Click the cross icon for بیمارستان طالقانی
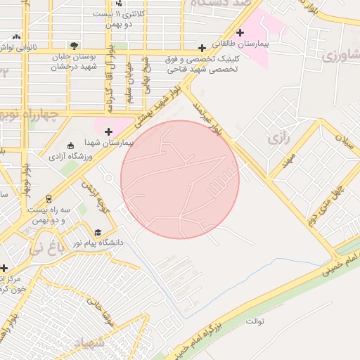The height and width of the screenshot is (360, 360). pyautogui.click(x=240, y=32)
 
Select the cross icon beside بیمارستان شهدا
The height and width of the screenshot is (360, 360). pyautogui.click(x=108, y=131)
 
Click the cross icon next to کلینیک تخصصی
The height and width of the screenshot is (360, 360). pyautogui.click(x=202, y=49)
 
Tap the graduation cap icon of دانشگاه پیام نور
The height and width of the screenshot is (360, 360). pyautogui.click(x=98, y=232)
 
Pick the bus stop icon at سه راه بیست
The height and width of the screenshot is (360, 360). pyautogui.click(x=49, y=199)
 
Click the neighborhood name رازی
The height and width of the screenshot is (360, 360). pyautogui.click(x=278, y=139)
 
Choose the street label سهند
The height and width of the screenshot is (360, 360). pyautogui.click(x=288, y=164)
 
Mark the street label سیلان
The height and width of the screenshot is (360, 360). pyautogui.click(x=344, y=141)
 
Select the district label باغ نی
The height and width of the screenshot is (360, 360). pyautogui.click(x=44, y=247)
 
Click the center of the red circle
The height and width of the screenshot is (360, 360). pyautogui.click(x=180, y=179)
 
